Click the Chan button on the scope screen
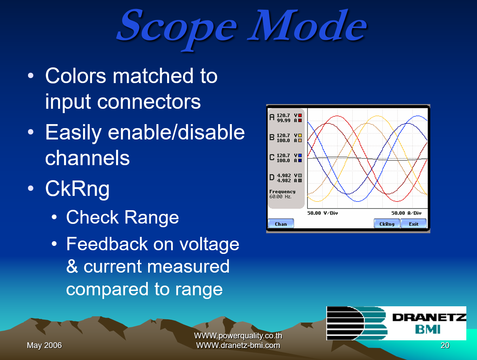click(281, 224)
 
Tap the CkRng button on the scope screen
click(387, 224)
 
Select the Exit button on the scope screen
click(414, 224)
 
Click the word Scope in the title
click(177, 27)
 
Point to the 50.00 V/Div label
click(323, 213)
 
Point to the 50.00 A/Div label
click(406, 213)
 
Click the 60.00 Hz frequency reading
click(281, 197)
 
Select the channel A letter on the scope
click(272, 117)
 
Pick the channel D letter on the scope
click(272, 177)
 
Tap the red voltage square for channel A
click(300, 115)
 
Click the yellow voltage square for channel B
click(300, 135)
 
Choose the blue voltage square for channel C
click(300, 155)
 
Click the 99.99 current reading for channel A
click(284, 120)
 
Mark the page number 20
click(445, 345)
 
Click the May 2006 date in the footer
click(44, 345)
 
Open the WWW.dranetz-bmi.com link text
click(238, 345)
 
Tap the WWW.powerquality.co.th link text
click(238, 336)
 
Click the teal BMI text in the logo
click(428, 330)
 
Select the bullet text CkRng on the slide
click(77, 189)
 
